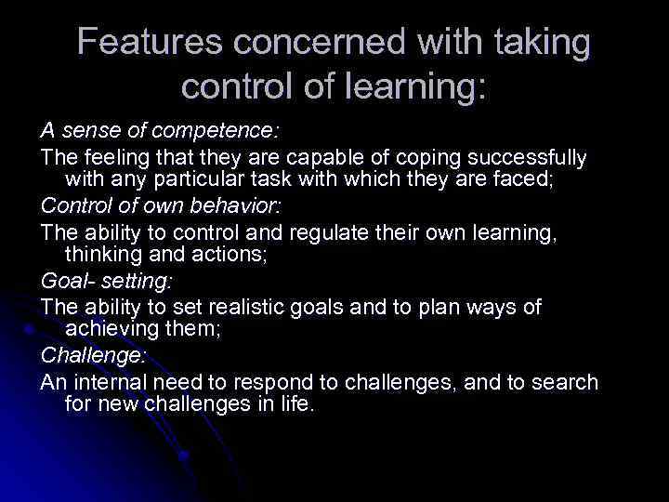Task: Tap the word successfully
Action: click(518, 158)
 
